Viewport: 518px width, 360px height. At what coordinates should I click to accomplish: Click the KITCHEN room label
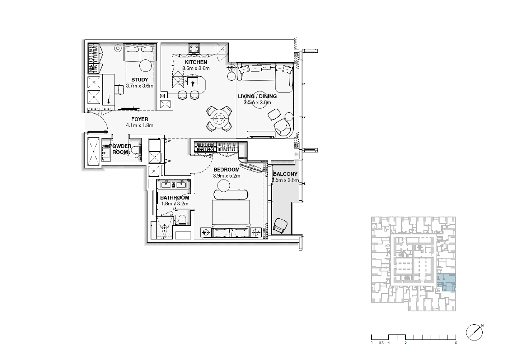(x=196, y=62)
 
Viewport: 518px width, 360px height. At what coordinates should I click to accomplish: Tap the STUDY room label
(x=140, y=80)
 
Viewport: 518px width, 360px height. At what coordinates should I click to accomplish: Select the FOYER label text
(x=140, y=119)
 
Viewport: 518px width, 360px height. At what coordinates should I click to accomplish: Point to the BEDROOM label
(x=226, y=170)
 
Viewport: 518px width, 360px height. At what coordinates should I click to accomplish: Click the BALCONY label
(x=285, y=174)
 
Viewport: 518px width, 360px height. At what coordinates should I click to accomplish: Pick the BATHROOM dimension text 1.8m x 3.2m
(x=175, y=204)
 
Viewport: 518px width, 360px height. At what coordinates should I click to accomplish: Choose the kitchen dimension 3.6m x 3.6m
(x=196, y=68)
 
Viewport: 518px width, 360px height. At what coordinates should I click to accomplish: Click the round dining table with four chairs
(x=219, y=119)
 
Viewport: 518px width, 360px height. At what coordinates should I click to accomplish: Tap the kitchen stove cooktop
(x=194, y=49)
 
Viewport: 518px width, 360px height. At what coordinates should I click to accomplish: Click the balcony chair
(x=280, y=226)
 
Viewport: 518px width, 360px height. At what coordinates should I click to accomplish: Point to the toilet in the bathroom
(x=182, y=220)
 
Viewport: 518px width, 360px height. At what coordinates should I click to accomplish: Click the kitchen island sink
(x=193, y=82)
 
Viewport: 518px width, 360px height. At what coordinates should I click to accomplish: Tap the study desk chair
(x=119, y=90)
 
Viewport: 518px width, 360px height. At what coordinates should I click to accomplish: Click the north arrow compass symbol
(x=474, y=333)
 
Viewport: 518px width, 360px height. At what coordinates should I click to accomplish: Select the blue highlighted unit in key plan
(x=446, y=282)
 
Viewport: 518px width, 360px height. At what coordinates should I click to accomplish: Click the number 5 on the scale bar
(x=456, y=343)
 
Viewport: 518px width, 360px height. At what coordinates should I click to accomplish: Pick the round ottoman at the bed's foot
(x=223, y=185)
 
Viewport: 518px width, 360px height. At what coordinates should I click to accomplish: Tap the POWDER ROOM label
(x=120, y=149)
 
